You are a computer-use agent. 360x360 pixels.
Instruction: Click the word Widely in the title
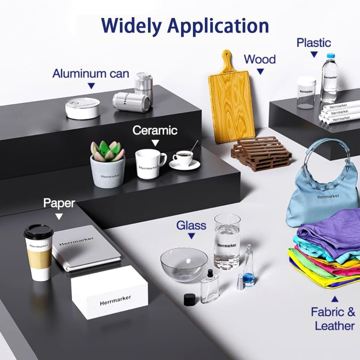click(x=131, y=26)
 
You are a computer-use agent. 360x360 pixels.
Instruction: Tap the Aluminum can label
click(x=91, y=74)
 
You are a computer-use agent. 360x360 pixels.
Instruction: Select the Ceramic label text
click(x=155, y=130)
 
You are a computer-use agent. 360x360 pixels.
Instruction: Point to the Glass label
click(x=191, y=225)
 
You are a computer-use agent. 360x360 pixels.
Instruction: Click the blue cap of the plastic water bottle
click(x=331, y=56)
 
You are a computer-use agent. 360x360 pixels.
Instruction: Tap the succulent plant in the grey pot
click(x=107, y=151)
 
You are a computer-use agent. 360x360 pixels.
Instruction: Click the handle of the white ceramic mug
click(x=163, y=160)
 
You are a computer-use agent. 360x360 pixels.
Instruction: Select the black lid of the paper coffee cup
click(x=39, y=231)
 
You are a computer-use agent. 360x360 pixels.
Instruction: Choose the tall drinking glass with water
click(x=227, y=241)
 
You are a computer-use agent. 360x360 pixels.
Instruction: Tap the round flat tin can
click(x=83, y=108)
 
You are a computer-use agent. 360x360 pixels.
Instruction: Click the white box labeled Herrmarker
click(x=109, y=292)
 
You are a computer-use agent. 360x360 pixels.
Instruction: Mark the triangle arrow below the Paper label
click(x=59, y=216)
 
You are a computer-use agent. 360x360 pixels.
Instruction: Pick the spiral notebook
click(x=86, y=248)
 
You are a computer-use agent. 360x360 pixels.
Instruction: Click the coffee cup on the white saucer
click(x=183, y=157)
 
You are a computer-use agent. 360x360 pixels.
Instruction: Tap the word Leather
click(x=335, y=326)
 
